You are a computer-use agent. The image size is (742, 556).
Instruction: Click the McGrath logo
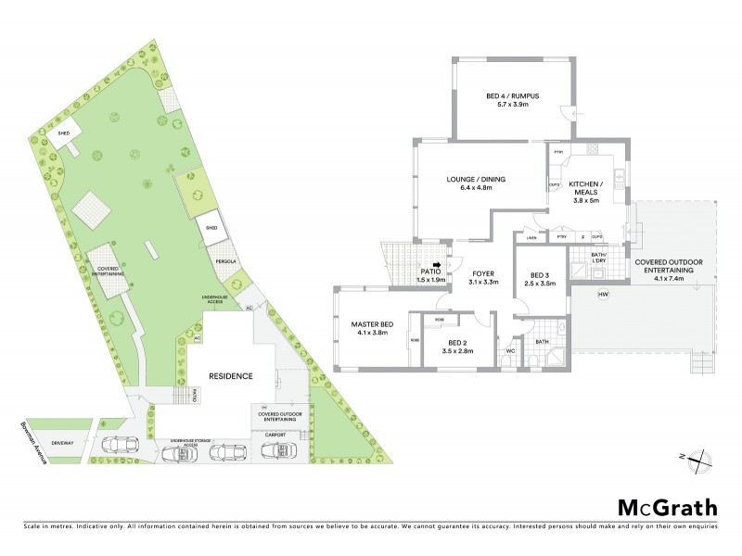tap(667, 507)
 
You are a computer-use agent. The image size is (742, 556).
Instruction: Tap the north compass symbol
tap(703, 456)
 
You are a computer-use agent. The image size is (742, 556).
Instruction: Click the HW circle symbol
tap(603, 295)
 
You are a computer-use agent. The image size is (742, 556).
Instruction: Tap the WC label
tap(511, 351)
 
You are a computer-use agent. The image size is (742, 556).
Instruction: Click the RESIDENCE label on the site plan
tap(230, 375)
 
